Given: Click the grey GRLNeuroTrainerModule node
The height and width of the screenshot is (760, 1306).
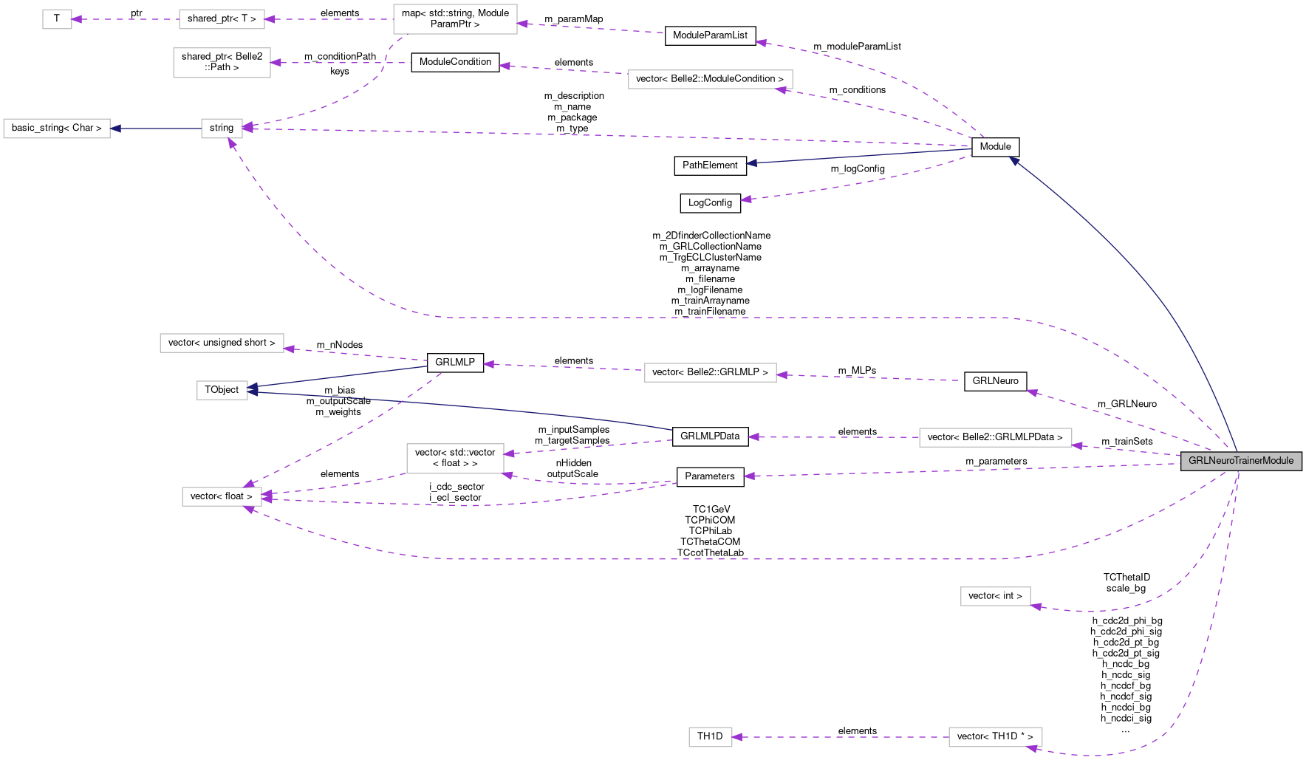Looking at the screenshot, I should pyautogui.click(x=1241, y=461).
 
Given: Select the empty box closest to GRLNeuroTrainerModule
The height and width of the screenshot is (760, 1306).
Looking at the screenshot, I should pyautogui.click(x=995, y=438).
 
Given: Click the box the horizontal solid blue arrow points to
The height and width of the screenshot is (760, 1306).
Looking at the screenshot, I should pyautogui.click(x=57, y=129).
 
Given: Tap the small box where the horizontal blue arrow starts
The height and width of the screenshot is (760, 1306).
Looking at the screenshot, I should pyautogui.click(x=222, y=129).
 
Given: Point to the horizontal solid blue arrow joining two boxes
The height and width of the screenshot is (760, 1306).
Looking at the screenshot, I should pyautogui.click(x=155, y=129).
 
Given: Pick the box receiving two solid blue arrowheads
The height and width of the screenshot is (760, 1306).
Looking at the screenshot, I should pyautogui.click(x=222, y=390).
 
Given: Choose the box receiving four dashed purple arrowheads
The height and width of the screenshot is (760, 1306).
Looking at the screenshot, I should pyautogui.click(x=222, y=496).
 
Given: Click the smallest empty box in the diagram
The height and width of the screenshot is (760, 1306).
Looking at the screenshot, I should pyautogui.click(x=57, y=19).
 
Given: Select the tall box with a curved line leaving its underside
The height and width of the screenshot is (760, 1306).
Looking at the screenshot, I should pyautogui.click(x=455, y=19).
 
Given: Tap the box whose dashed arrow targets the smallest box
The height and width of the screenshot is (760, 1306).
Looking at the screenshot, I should pyautogui.click(x=222, y=19).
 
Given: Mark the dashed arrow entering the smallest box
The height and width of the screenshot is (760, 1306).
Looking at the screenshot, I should pyautogui.click(x=126, y=19).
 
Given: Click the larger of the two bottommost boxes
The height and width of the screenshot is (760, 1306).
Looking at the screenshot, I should pyautogui.click(x=995, y=737).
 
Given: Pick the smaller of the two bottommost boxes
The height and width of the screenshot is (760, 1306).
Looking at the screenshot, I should pyautogui.click(x=711, y=737).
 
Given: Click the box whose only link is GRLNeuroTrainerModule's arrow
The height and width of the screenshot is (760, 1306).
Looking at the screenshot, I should pyautogui.click(x=995, y=596).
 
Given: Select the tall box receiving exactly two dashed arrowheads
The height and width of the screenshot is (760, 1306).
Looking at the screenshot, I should pyautogui.click(x=455, y=459).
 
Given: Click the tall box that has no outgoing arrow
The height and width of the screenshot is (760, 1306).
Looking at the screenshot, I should pyautogui.click(x=222, y=63).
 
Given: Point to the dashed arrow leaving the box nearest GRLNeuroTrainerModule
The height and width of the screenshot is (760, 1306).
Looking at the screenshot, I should pyautogui.click(x=835, y=437).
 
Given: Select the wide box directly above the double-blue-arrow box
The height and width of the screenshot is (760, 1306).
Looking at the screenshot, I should pyautogui.click(x=222, y=343).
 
